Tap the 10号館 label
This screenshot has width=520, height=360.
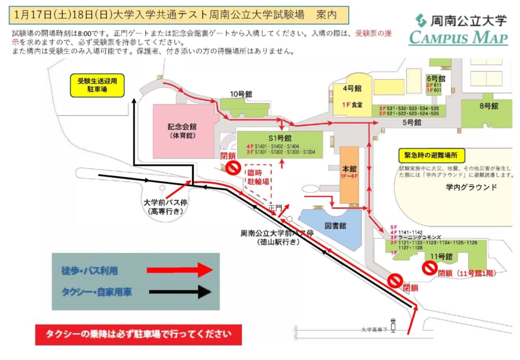[241, 94]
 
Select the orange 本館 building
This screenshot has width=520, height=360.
[349, 175]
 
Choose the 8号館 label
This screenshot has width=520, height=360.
[488, 106]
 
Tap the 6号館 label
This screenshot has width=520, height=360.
[436, 79]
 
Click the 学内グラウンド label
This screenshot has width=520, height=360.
[468, 187]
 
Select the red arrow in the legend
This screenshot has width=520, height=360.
[180, 271]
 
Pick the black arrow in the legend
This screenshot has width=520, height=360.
[180, 291]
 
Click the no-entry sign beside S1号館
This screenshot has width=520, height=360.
[233, 168]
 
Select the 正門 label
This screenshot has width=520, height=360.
[275, 208]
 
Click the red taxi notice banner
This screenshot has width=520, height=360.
[138, 334]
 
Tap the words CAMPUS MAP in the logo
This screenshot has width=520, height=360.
[459, 38]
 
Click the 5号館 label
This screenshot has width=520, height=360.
[412, 122]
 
